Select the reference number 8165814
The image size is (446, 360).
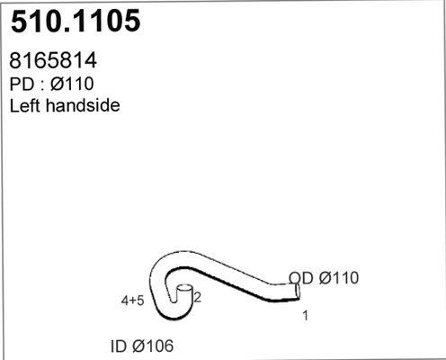[x=53, y=62]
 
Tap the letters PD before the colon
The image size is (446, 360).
[x=22, y=85]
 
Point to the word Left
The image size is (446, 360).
[x=26, y=105]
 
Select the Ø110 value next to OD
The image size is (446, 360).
[x=337, y=278]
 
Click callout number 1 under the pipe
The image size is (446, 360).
[x=306, y=316]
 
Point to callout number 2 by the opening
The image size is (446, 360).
[x=197, y=297]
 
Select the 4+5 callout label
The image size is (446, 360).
[x=132, y=301]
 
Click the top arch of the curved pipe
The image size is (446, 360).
[x=180, y=258]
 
